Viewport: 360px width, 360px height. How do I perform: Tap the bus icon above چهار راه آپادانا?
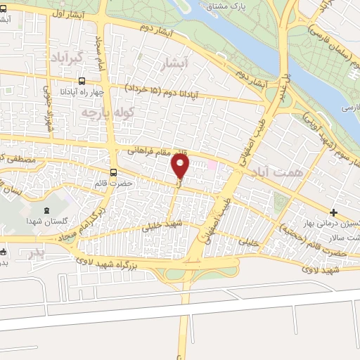tap(83, 81)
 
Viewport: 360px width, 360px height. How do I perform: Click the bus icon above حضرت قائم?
tap(114, 172)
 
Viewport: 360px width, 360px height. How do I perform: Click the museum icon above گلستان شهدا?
tap(47, 210)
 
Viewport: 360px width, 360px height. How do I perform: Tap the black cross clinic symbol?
tap(333, 212)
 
